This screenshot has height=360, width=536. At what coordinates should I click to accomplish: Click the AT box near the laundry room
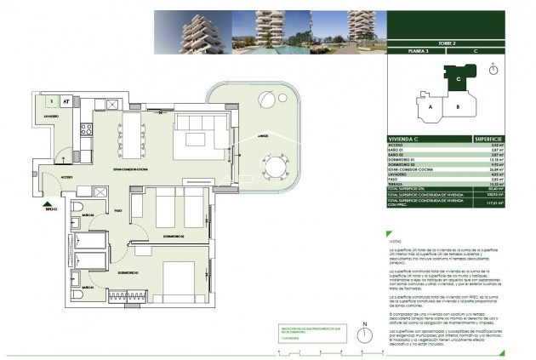pos(66,100)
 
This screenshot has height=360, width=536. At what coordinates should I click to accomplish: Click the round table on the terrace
pos(276,164)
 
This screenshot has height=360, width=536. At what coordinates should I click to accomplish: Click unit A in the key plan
pos(431,107)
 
